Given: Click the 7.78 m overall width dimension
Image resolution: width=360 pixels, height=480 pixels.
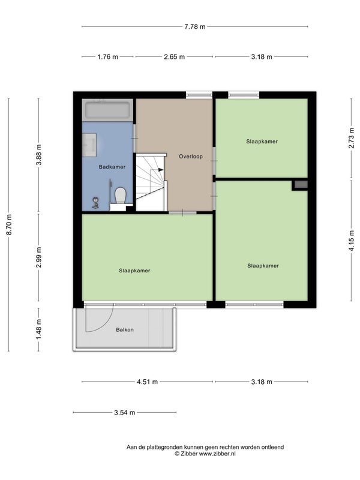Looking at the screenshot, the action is (195, 26).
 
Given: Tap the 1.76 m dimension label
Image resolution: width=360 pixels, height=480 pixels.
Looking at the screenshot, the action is (108, 56).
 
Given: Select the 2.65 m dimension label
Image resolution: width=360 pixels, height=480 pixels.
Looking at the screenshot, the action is (175, 56).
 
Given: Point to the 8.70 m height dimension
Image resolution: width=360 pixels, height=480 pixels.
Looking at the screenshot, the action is (9, 224).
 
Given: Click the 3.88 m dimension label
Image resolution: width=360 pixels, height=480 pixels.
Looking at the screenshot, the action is (38, 155).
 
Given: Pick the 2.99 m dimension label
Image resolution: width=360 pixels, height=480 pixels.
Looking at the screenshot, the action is (38, 257).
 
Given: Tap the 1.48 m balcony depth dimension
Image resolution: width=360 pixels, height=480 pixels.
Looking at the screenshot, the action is (38, 329).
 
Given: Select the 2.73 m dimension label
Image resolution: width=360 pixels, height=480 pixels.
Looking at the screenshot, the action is (352, 138).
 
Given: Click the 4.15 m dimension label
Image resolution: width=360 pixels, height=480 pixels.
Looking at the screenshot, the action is (352, 241).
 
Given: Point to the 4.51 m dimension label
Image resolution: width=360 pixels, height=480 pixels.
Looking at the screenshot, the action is (147, 382).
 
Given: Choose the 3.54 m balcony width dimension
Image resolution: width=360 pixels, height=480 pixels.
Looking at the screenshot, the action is (125, 412).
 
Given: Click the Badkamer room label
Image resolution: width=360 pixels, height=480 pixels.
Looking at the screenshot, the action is (112, 167).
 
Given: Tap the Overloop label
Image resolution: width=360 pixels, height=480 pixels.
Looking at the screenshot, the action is (191, 157).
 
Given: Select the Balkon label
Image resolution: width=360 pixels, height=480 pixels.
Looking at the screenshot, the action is (125, 329).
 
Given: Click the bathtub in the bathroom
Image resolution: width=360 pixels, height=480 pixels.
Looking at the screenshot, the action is (107, 110).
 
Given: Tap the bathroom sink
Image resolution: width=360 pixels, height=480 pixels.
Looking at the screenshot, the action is (89, 145).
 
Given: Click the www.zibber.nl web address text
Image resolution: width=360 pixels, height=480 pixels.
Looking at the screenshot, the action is (217, 454).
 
